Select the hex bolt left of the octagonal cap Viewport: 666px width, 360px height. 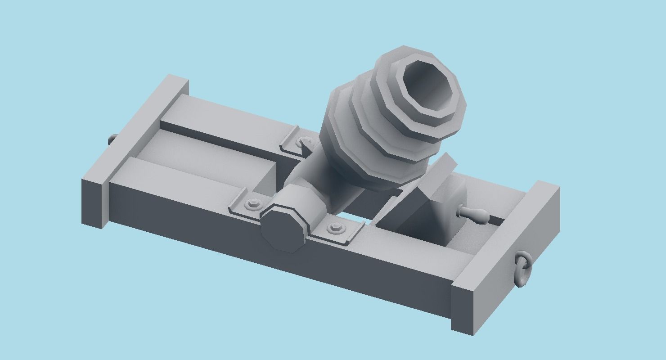click(252, 205)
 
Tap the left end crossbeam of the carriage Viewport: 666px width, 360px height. click(135, 148)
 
